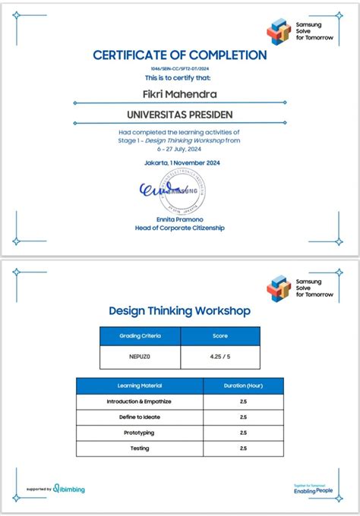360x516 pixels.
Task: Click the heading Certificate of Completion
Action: (x=180, y=55)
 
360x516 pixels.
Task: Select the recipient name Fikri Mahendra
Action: (x=180, y=95)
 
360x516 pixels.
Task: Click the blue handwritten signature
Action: (x=161, y=190)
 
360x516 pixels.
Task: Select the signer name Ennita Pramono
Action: (x=180, y=219)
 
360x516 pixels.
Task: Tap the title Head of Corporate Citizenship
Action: (x=180, y=228)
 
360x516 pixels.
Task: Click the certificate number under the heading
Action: (x=180, y=68)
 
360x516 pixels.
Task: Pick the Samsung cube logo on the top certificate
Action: (x=279, y=32)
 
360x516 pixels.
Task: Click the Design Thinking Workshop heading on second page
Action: (x=180, y=310)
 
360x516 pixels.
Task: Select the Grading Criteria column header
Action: (x=140, y=335)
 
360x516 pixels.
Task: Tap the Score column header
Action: (x=219, y=335)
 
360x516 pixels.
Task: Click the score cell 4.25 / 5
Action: (x=219, y=357)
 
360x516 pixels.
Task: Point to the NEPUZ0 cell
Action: (x=140, y=357)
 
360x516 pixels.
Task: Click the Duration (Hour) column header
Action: (x=243, y=385)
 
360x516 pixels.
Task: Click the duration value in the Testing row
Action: (x=243, y=448)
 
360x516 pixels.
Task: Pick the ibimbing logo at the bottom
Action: (x=69, y=489)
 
